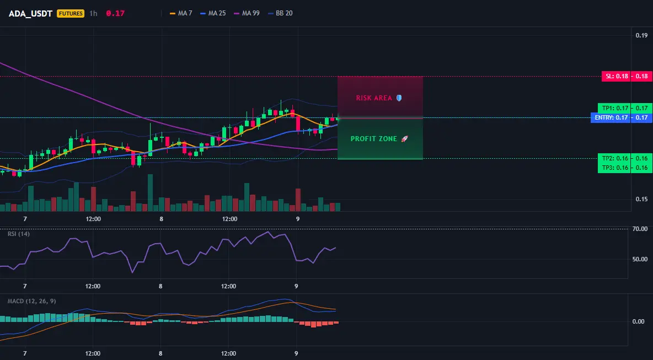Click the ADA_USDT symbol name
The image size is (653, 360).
30,13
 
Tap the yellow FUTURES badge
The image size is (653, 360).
71,13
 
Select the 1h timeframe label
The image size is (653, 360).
93,13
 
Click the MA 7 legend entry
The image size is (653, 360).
181,13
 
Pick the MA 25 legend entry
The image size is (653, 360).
213,13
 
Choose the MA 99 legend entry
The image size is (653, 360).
247,13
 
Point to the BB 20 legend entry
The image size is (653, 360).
280,13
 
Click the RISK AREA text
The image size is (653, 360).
374,98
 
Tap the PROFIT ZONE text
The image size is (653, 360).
374,138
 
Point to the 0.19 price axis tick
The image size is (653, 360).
641,35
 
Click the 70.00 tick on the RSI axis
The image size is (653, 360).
640,229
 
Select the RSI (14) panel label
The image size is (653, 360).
19,234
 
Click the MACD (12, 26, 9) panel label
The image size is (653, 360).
31,301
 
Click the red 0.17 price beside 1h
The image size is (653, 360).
115,13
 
